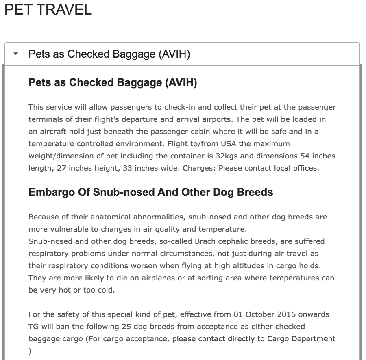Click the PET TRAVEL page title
pyautogui.click(x=48, y=10)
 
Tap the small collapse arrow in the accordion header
pyautogui.click(x=16, y=54)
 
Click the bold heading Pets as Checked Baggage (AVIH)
pyautogui.click(x=113, y=83)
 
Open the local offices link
pyautogui.click(x=296, y=168)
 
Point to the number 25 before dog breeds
pyautogui.click(x=126, y=327)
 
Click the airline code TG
pyautogui.click(x=34, y=327)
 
